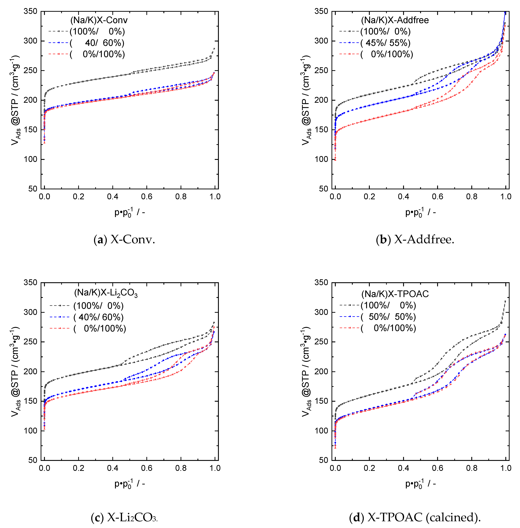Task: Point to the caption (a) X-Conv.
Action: point(124,240)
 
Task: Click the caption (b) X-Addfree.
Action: point(415,240)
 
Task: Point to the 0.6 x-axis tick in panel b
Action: point(438,197)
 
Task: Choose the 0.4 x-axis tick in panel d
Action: point(403,468)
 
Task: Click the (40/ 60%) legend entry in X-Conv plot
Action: point(97,43)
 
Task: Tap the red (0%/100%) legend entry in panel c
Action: point(100,328)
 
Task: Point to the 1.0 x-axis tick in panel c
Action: point(215,468)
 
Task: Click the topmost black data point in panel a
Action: point(214,49)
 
